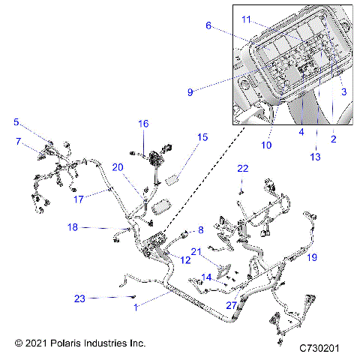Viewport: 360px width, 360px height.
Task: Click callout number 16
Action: click(x=142, y=123)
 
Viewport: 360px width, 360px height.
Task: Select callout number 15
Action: click(x=202, y=137)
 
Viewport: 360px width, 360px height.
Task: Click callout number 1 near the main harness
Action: click(x=136, y=307)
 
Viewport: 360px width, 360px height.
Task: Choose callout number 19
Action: click(x=311, y=257)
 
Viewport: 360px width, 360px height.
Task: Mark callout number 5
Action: click(x=16, y=122)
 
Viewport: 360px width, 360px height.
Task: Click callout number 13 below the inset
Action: click(x=315, y=156)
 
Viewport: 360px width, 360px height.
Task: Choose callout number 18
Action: click(x=73, y=226)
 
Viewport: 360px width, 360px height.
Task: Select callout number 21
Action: click(x=195, y=251)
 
